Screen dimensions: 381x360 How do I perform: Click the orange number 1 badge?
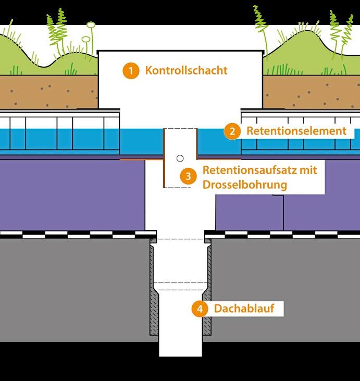click(x=131, y=70)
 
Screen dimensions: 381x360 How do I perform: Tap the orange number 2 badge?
click(x=232, y=131)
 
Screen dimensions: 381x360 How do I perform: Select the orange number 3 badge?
click(x=188, y=176)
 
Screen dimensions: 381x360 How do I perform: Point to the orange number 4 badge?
click(x=199, y=309)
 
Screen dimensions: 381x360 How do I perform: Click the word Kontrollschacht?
click(x=186, y=70)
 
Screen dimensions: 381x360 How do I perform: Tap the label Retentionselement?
click(x=296, y=131)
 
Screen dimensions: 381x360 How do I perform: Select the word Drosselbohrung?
click(x=245, y=185)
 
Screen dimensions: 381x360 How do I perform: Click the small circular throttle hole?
click(x=180, y=158)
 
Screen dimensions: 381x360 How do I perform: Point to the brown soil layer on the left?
click(x=47, y=91)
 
